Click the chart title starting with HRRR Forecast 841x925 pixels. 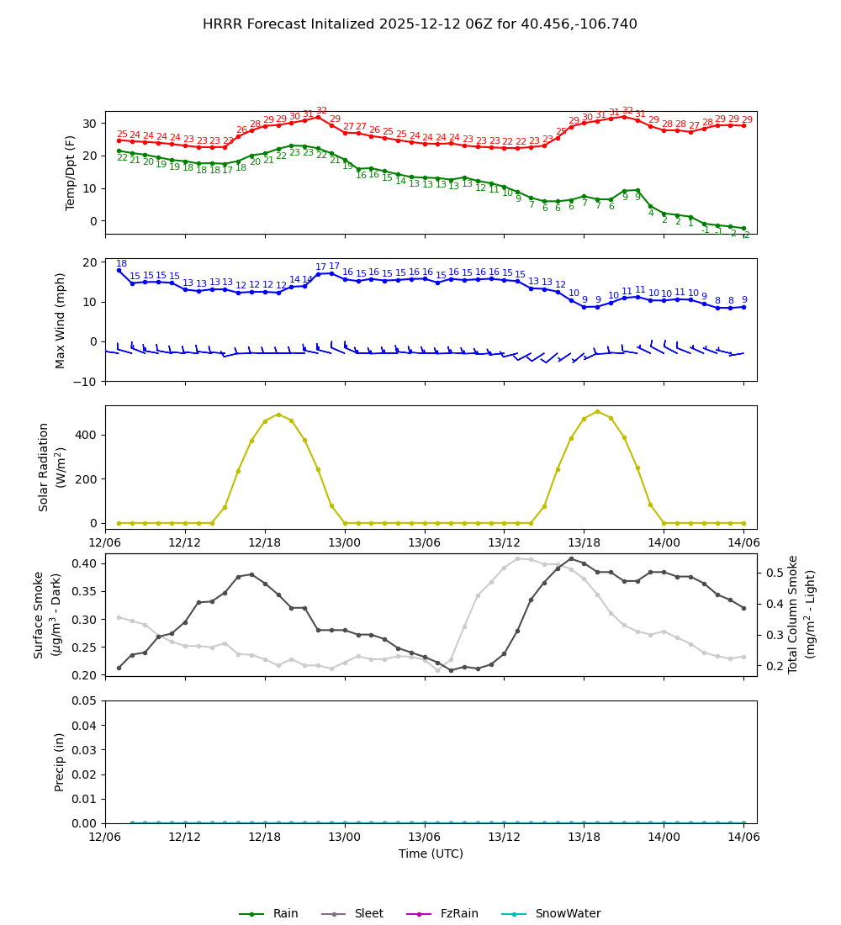pos(420,24)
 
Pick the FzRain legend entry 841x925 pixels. pos(454,914)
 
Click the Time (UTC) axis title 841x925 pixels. pos(431,854)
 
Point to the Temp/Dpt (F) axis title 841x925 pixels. pos(71,172)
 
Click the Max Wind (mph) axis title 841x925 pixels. pos(61,320)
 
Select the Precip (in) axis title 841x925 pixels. pos(60,762)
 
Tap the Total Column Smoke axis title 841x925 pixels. pos(793,614)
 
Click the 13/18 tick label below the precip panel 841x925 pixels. pos(584,838)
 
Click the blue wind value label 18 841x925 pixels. pos(121,264)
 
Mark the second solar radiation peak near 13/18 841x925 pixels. pos(597,411)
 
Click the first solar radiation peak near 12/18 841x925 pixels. pos(278,414)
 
